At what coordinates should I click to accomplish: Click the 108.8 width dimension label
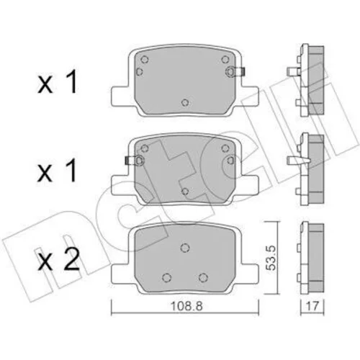click(186, 306)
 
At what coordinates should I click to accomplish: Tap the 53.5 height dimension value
click(271, 258)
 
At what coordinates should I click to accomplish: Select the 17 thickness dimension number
click(312, 306)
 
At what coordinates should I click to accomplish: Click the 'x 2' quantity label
click(58, 260)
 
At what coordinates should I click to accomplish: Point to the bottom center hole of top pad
click(185, 103)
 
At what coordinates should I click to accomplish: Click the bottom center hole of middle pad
click(185, 192)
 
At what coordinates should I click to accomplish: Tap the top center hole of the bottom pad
click(185, 248)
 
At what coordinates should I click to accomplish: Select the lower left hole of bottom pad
click(166, 277)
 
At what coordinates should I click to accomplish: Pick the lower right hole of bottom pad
click(203, 277)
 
